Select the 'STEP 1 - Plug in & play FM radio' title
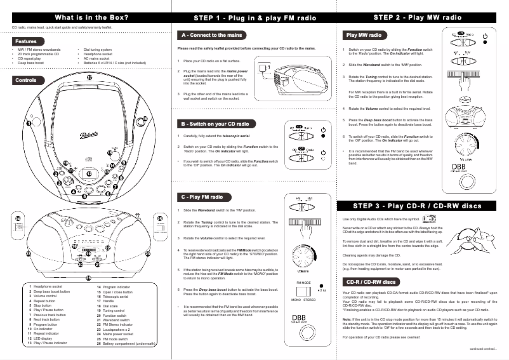point(255,17)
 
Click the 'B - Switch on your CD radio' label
point(215,123)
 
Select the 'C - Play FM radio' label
point(202,197)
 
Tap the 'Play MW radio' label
point(365,34)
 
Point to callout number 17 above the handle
point(89,77)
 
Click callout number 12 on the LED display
point(89,173)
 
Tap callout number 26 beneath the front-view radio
point(89,278)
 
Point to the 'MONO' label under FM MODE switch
point(296,299)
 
